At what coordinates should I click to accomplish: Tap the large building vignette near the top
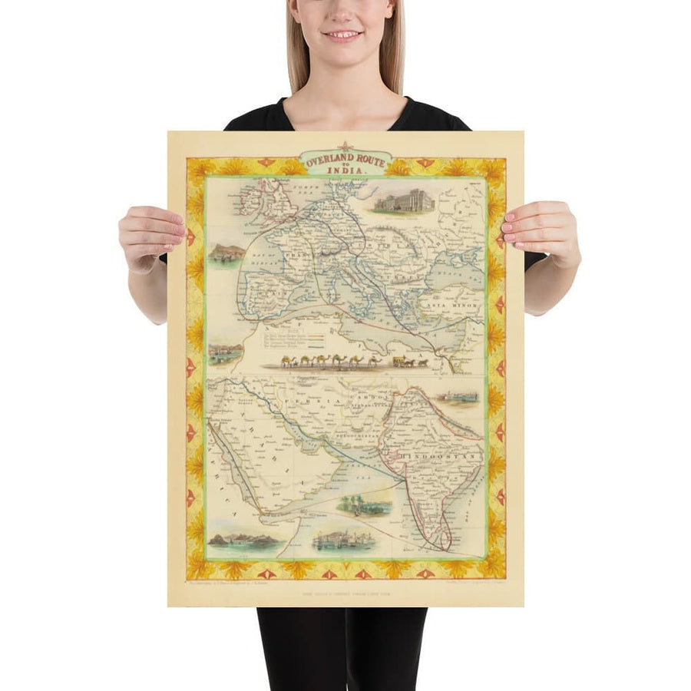point(404,201)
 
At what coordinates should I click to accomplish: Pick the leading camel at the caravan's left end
point(286,361)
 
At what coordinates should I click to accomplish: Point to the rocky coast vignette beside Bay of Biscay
point(226,254)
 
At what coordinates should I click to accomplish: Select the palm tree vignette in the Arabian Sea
point(364,505)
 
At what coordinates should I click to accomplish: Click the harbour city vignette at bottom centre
point(343,541)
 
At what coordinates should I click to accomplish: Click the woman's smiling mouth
point(342,35)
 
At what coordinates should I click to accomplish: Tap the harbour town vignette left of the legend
point(226,353)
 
